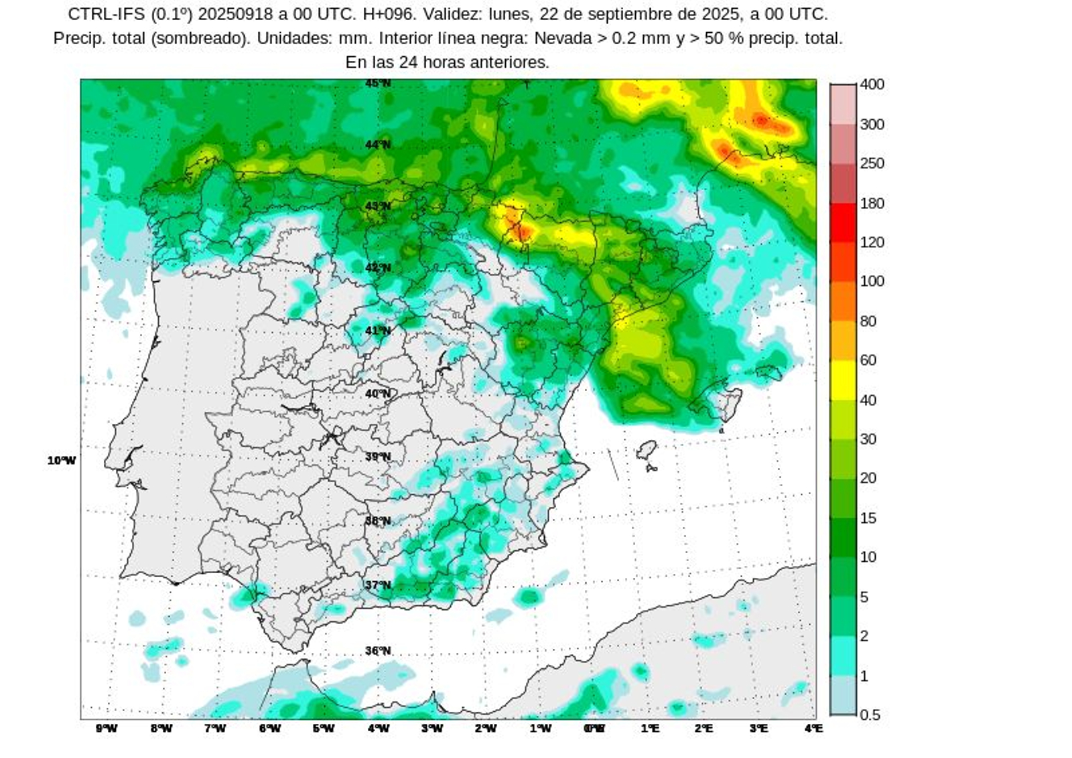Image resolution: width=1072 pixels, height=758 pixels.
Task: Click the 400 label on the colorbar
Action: [x=872, y=84]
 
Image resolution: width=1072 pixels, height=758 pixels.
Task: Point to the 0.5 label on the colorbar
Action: [x=870, y=715]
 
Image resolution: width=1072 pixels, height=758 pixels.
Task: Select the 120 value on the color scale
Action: [x=872, y=242]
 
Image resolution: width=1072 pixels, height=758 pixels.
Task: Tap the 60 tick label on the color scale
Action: [x=868, y=360]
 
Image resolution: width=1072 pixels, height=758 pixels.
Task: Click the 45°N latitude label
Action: [x=378, y=84]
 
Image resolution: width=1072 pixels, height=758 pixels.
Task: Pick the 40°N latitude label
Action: [x=378, y=394]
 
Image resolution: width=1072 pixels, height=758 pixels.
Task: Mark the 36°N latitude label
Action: [x=378, y=651]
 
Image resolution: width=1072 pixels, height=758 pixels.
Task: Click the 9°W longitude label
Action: [x=107, y=729]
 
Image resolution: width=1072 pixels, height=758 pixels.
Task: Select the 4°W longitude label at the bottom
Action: [x=379, y=729]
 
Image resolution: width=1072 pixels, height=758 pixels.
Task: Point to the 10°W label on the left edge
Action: [x=62, y=461]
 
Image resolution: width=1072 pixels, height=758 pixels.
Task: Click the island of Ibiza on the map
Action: [x=647, y=450]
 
